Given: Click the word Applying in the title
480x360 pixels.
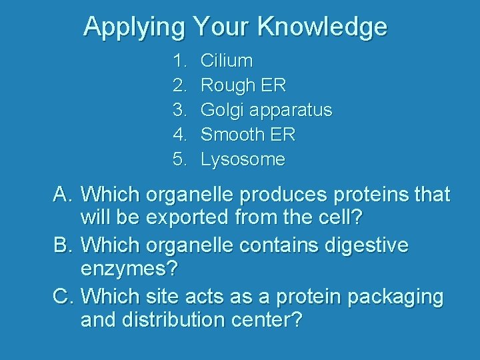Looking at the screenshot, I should [x=134, y=27].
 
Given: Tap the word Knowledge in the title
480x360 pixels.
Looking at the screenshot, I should [x=322, y=27].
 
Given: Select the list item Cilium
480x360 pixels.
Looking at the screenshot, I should [x=227, y=61].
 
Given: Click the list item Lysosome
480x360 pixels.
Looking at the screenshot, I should [x=243, y=160].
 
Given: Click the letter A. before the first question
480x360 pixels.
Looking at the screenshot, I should [x=63, y=195].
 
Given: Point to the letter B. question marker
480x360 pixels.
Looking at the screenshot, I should [x=63, y=245].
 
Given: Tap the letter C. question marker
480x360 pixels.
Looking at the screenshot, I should [x=63, y=295].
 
